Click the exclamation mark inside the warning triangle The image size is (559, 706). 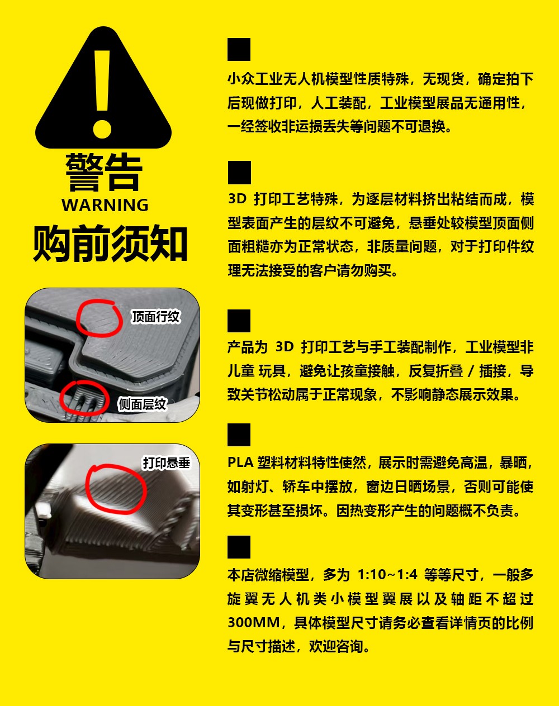pos(102,94)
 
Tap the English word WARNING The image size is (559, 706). pos(105,205)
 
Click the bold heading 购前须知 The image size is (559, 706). pos(110,244)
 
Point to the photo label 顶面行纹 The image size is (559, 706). pos(155,317)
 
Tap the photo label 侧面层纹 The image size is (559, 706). pos(142,404)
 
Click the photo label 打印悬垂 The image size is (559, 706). pos(167,463)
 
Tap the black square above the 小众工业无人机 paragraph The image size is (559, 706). pos(239,50)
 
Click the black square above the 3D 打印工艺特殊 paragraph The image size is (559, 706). pos(239,173)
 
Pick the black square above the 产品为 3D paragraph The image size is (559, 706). pos(239,321)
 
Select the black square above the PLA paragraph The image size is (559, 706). pos(239,435)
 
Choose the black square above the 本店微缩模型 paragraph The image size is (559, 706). pos(239,547)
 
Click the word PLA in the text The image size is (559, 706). pos(240,462)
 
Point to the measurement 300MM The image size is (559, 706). pos(254,623)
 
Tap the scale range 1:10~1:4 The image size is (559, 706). pos(387,574)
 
